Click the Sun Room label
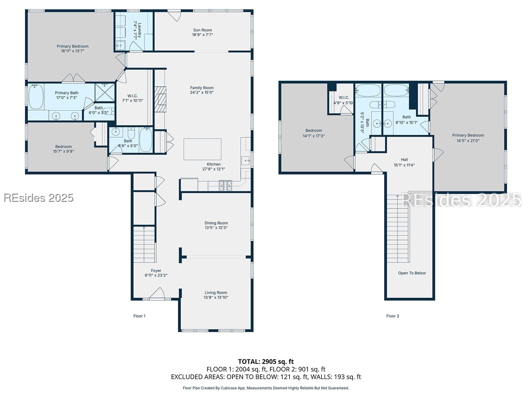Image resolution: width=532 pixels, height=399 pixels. point(202,30)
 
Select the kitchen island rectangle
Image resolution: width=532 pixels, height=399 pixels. point(202,149)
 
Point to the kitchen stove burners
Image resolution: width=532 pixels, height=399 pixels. point(225,186)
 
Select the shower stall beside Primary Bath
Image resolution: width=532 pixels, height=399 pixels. point(105,92)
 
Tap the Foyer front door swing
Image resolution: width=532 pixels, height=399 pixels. point(157,293)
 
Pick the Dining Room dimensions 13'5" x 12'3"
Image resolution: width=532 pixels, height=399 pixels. point(216,228)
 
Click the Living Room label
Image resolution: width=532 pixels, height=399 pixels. point(216,293)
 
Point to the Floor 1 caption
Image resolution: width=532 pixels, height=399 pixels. point(139,316)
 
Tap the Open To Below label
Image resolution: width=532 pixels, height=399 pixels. point(412,273)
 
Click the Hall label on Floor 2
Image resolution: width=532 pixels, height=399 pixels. point(404,160)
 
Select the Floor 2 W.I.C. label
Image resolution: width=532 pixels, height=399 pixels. point(344,97)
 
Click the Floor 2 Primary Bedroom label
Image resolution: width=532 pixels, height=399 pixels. point(468,135)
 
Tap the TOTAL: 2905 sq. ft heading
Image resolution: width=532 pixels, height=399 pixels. point(266,361)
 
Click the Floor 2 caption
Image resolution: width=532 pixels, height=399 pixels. point(393,316)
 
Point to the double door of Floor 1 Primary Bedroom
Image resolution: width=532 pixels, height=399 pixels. point(73,78)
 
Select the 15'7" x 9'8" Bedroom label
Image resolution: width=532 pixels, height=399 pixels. point(64,151)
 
